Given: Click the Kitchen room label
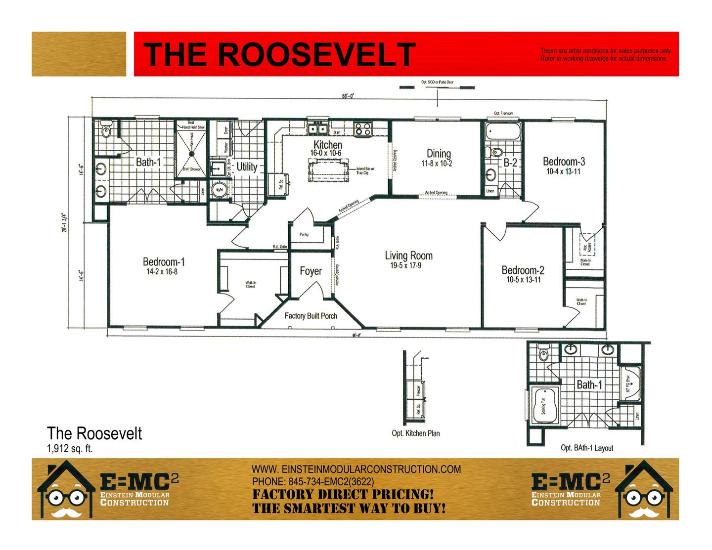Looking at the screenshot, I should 327,145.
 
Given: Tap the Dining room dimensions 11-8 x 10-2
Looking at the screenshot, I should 437,164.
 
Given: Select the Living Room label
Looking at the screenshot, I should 408,255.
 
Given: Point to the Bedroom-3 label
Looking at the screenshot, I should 564,162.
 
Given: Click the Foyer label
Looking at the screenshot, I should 311,271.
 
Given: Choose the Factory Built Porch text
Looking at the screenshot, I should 311,316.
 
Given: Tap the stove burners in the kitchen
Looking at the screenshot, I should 362,129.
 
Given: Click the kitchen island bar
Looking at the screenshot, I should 327,171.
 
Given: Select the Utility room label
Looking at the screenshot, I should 247,167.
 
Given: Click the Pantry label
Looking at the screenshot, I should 304,235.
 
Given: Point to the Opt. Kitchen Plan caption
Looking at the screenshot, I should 415,433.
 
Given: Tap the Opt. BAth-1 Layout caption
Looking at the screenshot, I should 587,448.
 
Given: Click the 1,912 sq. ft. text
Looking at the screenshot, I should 70,449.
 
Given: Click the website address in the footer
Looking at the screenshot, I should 356,469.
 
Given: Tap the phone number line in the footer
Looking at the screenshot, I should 313,482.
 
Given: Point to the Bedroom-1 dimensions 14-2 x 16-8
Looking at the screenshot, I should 162,272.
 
